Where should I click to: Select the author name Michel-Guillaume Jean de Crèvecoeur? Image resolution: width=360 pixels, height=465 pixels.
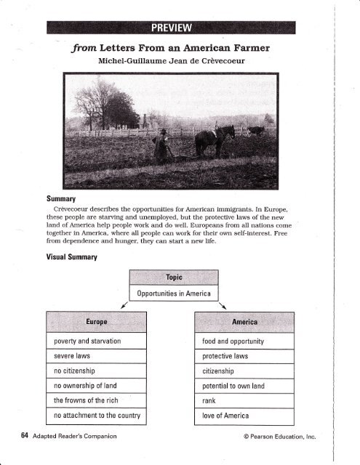[x=179, y=64]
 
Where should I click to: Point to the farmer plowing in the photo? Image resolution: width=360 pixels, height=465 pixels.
[x=163, y=145]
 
